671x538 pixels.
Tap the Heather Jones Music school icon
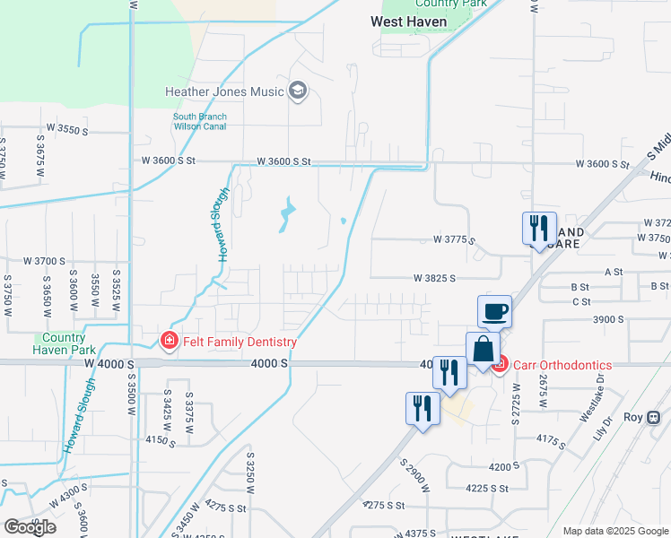298,91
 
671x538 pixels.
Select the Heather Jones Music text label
224,91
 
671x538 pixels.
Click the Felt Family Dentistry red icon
168,341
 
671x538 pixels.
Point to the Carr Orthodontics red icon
500,364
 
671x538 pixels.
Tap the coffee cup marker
494,312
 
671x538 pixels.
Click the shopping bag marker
483,350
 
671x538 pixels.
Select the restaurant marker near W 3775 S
539,228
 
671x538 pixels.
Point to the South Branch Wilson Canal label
199,122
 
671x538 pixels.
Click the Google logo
29,527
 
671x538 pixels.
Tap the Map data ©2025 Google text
615,531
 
